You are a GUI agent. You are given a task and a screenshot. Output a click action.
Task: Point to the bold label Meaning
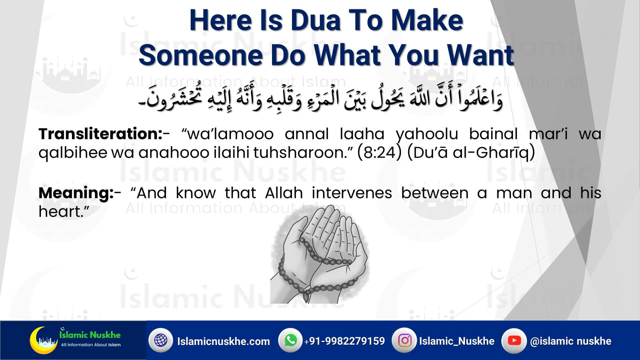(76, 193)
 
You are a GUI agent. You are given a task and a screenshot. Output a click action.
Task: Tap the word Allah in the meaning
(284, 193)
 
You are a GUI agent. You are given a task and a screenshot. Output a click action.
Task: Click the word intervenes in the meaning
(352, 193)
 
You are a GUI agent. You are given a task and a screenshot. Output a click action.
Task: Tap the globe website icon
(161, 340)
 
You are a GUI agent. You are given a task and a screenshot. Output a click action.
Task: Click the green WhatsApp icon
(291, 340)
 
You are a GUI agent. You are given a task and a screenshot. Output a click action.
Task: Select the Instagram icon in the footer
(405, 340)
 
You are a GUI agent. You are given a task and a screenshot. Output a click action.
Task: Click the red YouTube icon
(514, 340)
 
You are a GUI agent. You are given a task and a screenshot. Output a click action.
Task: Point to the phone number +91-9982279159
(344, 341)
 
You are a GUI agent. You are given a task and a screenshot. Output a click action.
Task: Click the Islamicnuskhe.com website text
(224, 341)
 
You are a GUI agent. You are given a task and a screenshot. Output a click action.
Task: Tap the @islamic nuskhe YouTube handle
(571, 341)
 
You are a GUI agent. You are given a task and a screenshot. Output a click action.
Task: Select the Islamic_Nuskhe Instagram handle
(457, 341)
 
